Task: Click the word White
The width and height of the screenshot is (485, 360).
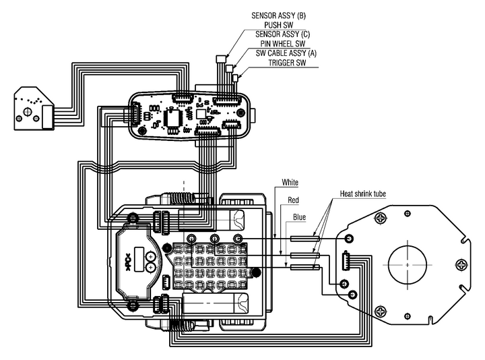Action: tap(290, 182)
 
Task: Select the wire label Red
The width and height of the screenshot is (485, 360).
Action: tap(293, 200)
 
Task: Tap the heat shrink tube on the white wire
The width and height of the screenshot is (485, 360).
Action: tap(305, 237)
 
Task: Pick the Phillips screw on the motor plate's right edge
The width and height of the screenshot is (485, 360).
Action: tap(463, 264)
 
